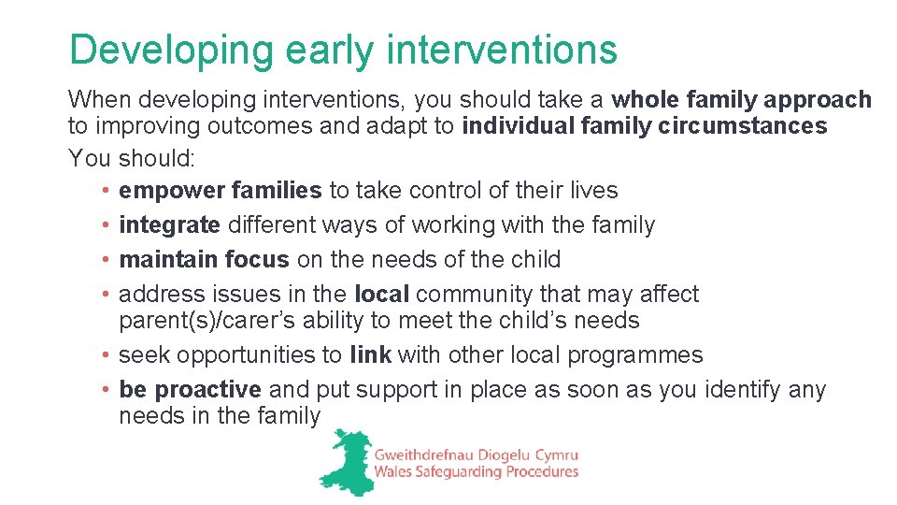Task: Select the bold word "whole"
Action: click(648, 99)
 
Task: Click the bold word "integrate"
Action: click(170, 224)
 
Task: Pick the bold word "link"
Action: click(370, 354)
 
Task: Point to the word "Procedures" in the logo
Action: click(540, 472)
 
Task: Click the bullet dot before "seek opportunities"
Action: click(108, 355)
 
